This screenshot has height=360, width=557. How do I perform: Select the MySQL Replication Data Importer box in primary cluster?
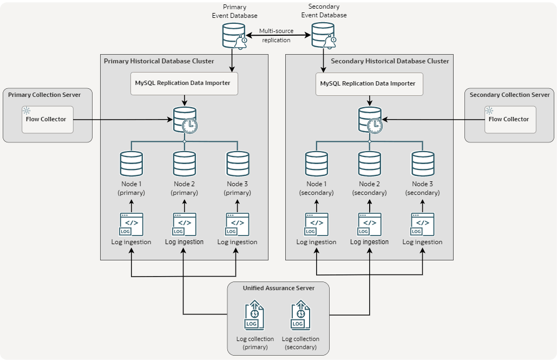pyautogui.click(x=184, y=83)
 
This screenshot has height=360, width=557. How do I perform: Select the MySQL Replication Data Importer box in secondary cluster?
pyautogui.click(x=369, y=84)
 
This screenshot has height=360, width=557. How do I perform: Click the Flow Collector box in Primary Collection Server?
pyautogui.click(x=47, y=119)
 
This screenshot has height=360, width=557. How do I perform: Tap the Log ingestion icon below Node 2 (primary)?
pyautogui.click(x=184, y=224)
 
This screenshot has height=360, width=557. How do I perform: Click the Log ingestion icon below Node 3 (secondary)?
pyautogui.click(x=422, y=224)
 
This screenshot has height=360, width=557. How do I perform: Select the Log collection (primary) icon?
pyautogui.click(x=255, y=316)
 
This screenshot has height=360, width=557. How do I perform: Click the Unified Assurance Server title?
pyautogui.click(x=278, y=288)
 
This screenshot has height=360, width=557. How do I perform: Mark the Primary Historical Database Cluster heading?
pyautogui.click(x=159, y=61)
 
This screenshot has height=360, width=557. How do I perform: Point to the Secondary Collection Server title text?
pyautogui.click(x=509, y=95)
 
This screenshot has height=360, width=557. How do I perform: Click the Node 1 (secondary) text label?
pyautogui.click(x=316, y=188)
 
